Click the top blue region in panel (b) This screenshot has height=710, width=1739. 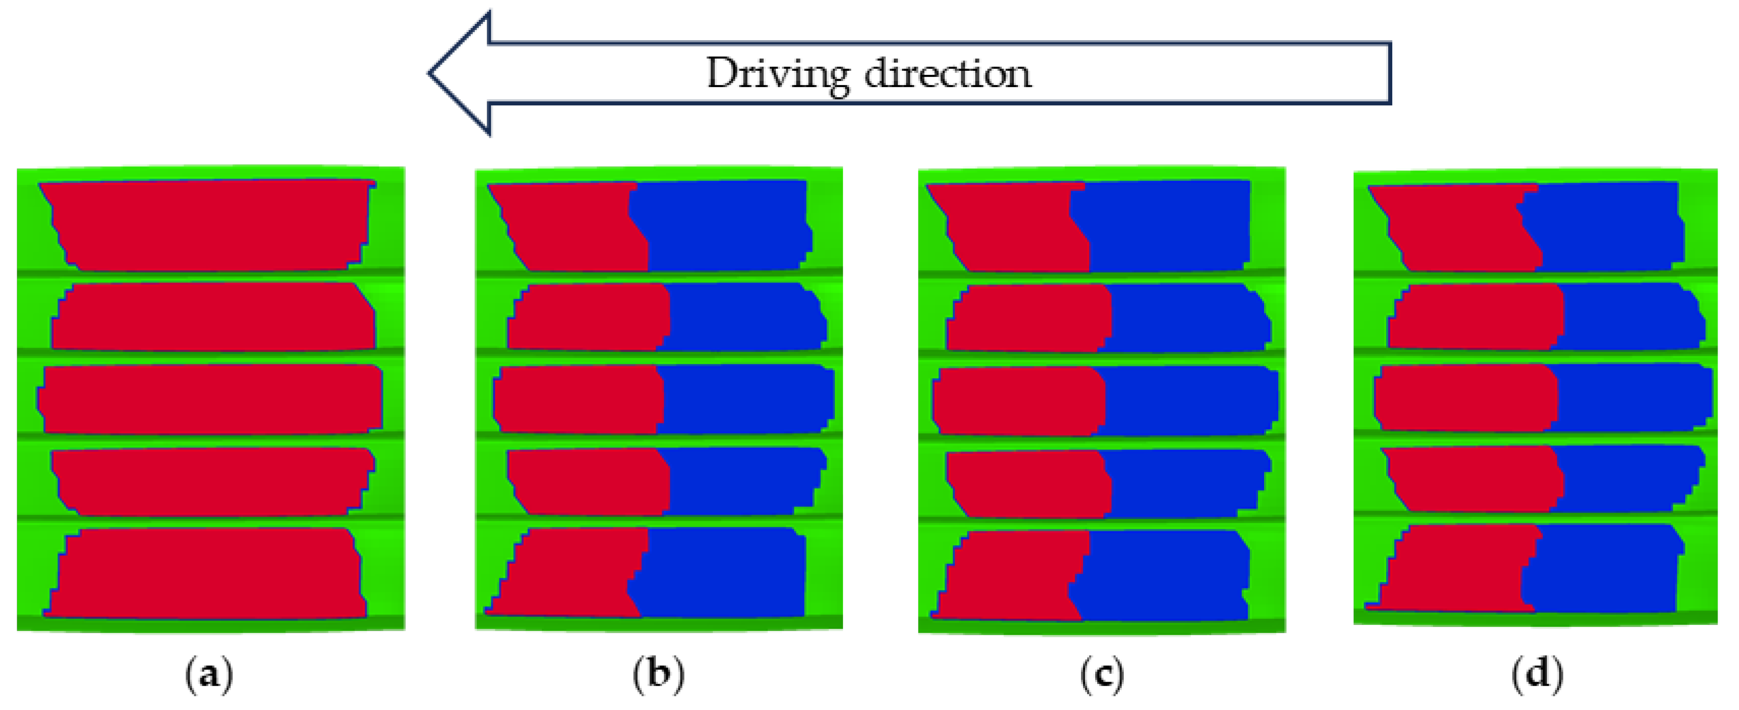723,225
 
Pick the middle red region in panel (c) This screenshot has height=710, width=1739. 1020,400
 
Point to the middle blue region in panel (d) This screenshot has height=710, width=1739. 1634,397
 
